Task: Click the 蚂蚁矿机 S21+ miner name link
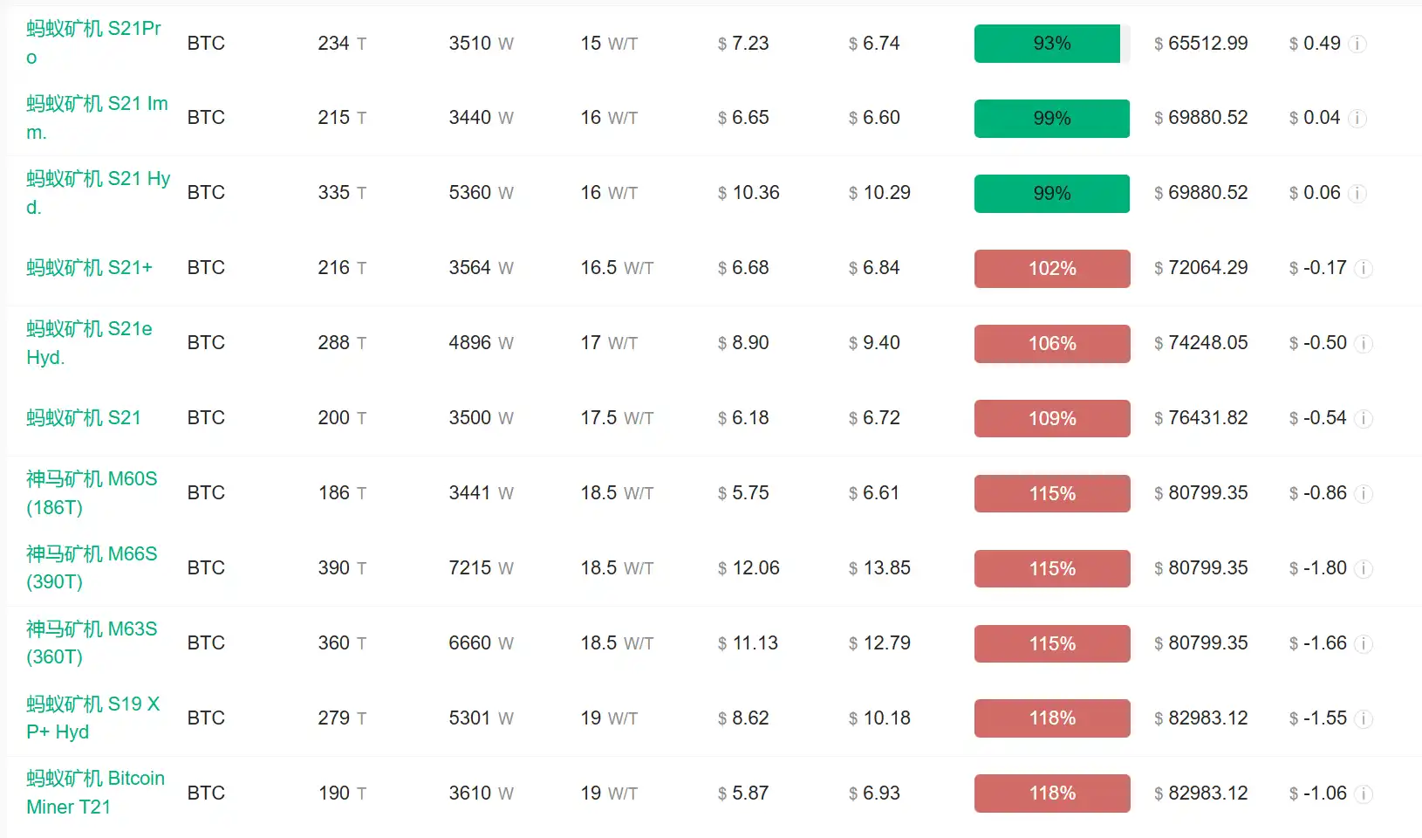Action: coord(89,268)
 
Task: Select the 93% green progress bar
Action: coord(1051,44)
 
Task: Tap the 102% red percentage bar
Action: coord(1051,269)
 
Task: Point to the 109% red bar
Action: coord(1051,419)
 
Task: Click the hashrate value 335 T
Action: coord(342,193)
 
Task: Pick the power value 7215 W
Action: coord(481,568)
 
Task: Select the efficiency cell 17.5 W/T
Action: coord(617,418)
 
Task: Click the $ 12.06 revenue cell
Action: coord(749,568)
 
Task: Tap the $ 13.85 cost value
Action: coord(879,568)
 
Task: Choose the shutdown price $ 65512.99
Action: coord(1200,44)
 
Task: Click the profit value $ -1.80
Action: coord(1318,568)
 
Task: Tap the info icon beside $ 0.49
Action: coord(1357,45)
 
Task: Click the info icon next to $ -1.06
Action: coord(1364,794)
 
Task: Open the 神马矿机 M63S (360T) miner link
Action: coord(92,642)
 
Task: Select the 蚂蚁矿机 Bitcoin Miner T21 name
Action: coord(95,793)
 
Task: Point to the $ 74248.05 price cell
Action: coord(1200,343)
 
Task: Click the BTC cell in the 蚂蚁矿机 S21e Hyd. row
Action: coord(206,343)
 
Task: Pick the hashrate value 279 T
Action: coord(342,718)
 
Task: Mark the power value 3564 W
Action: coord(481,268)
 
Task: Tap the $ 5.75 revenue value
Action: coord(743,493)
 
